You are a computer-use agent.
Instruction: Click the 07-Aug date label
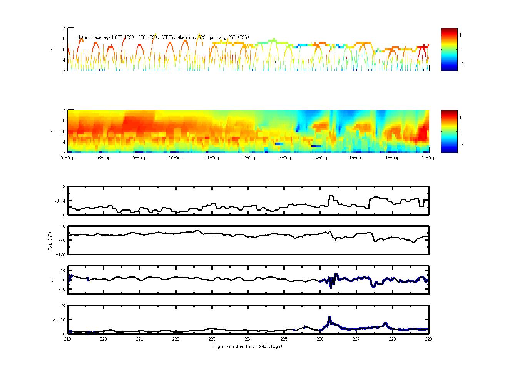coord(67,158)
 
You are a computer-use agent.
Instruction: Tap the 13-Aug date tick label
coord(284,158)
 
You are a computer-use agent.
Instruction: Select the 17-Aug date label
coord(428,158)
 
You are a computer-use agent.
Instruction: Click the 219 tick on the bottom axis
coord(67,339)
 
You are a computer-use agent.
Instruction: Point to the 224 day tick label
coord(248,339)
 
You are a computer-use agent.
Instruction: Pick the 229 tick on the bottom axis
coord(428,339)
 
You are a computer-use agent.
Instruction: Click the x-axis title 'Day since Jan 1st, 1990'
coord(247,347)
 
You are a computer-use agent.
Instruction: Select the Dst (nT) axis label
coord(50,241)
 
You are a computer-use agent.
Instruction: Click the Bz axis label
coord(53,280)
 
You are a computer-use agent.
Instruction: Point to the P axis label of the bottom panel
coord(55,320)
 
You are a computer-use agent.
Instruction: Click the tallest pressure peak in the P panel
coord(329,317)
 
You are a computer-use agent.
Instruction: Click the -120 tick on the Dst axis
coord(61,254)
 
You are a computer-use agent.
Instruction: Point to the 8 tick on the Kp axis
coord(64,187)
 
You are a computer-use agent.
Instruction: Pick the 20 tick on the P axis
coord(63,306)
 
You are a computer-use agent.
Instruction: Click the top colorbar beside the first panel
coord(449,50)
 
